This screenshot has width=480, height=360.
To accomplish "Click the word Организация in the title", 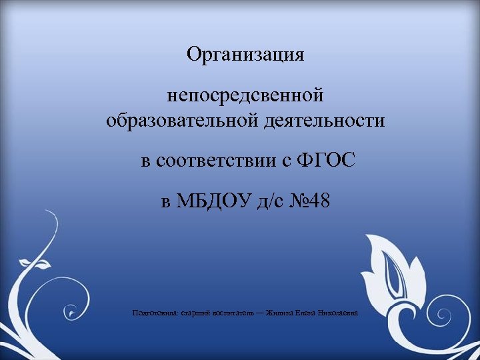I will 245,55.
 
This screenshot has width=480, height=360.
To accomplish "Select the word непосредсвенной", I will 245,95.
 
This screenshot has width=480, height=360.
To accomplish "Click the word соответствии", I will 221,161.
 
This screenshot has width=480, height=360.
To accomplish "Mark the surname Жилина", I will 276,313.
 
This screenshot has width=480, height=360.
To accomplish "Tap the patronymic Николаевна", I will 338,313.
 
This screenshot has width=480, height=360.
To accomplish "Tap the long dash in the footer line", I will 257,313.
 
